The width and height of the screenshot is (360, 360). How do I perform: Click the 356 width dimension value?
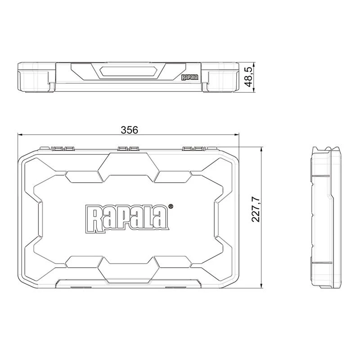pos(129,130)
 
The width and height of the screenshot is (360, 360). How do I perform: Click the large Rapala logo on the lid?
pos(128,218)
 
